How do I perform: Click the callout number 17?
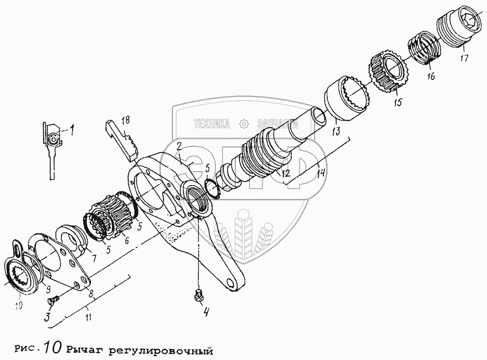tap(464, 58)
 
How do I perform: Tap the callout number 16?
tap(431, 76)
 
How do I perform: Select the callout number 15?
tap(398, 102)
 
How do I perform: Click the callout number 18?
tap(126, 120)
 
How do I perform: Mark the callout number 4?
tap(206, 312)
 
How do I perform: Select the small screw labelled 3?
tap(54, 300)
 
